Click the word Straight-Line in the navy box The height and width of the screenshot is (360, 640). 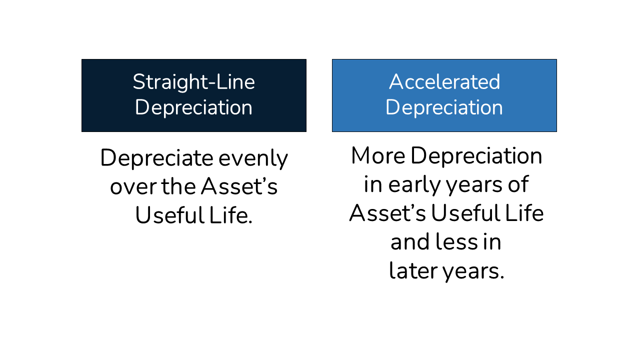[x=193, y=82]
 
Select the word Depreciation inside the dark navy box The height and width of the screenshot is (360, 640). [x=193, y=107]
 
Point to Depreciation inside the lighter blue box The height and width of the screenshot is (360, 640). [x=444, y=107]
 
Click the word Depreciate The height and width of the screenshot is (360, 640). [x=156, y=159]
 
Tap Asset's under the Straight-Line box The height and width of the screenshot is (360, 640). [x=239, y=187]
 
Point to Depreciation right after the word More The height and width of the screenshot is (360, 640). [x=476, y=156]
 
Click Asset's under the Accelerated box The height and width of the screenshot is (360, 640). [x=387, y=213]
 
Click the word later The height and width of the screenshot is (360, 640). [x=412, y=271]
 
